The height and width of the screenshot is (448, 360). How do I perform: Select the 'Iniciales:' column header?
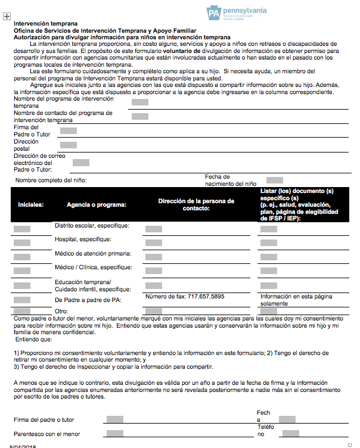click(31, 204)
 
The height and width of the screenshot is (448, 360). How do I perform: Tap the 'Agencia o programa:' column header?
click(97, 204)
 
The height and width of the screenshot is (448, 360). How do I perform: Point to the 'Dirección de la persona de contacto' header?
click(196, 204)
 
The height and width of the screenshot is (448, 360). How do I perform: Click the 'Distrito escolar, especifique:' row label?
click(92, 226)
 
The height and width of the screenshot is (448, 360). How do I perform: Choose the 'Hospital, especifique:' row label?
click(83, 239)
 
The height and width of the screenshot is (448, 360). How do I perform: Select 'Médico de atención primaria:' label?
click(93, 254)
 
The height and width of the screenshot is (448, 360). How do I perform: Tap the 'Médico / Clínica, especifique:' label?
click(93, 267)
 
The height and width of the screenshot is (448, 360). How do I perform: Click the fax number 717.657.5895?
click(185, 296)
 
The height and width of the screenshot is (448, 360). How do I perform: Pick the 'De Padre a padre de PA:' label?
click(88, 300)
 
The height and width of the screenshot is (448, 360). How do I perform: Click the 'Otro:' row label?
click(61, 311)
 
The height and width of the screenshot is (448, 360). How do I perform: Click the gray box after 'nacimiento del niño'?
click(275, 180)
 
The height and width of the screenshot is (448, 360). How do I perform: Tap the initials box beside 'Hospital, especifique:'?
click(22, 242)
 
